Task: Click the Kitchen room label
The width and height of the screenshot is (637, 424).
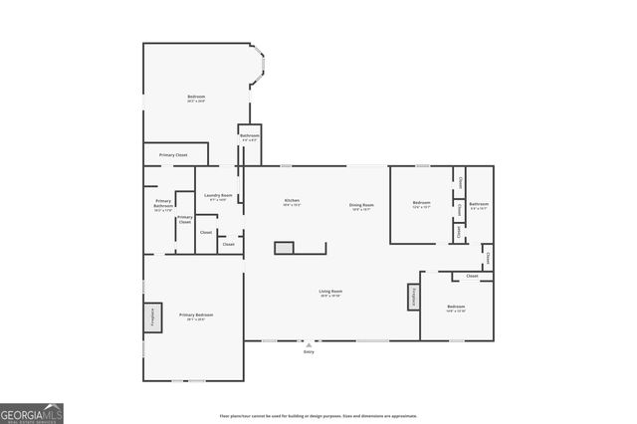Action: [x=292, y=202]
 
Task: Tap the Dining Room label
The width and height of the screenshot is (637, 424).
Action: [x=360, y=207]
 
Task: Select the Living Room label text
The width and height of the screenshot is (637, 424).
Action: [x=330, y=293]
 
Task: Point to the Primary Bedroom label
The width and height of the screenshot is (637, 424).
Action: [x=196, y=317]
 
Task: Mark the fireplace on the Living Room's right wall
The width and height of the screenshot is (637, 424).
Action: [x=412, y=297]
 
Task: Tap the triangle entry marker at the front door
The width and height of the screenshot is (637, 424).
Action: [x=309, y=342]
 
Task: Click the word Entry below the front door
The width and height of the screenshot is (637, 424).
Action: [x=309, y=351]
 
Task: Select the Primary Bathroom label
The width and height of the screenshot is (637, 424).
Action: [x=163, y=205]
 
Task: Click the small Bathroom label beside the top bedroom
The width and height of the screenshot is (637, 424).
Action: [x=250, y=137]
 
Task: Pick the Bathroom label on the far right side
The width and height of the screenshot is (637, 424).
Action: [x=479, y=205]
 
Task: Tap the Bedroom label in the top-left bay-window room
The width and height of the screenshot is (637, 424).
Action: [x=196, y=99]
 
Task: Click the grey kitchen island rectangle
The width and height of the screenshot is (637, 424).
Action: [x=285, y=248]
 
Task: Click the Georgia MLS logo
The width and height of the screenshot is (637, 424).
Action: [x=32, y=412]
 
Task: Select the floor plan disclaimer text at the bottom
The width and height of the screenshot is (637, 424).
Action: [x=318, y=416]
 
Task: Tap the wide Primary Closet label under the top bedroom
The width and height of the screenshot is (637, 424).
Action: [x=174, y=155]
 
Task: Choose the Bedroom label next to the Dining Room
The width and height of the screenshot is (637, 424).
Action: [x=421, y=205]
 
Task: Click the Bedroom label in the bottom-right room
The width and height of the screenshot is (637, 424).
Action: [x=456, y=308]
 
